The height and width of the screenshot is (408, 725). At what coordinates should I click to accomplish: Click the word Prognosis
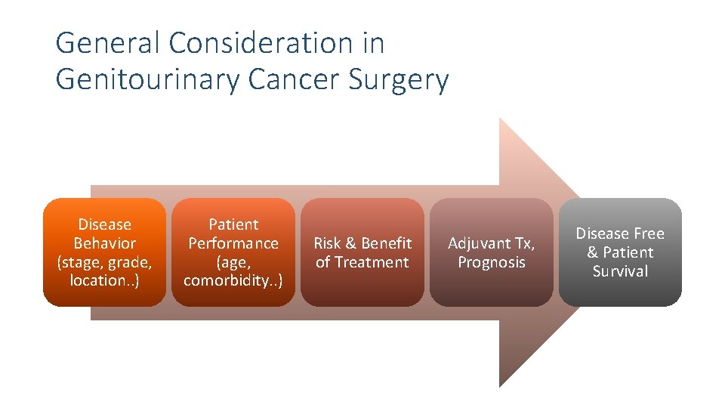[492, 262]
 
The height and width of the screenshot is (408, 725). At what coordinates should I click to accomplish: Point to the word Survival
[620, 271]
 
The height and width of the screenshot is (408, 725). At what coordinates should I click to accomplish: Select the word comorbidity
[229, 280]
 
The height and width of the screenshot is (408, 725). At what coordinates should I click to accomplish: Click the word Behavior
[105, 243]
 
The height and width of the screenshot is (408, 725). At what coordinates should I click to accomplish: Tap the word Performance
[233, 243]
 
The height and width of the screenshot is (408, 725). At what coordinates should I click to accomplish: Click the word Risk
[327, 243]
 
